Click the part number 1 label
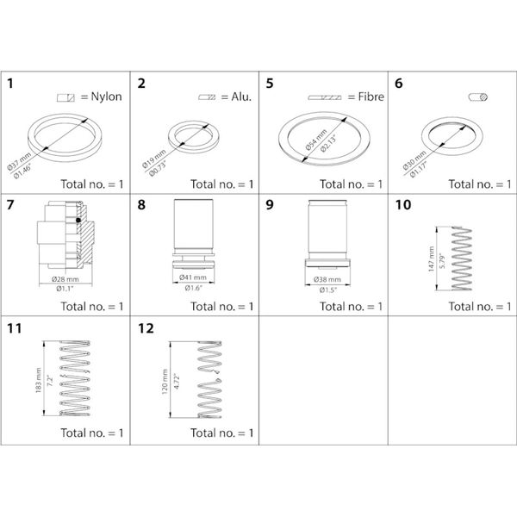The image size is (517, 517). [10, 84]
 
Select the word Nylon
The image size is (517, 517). [106, 97]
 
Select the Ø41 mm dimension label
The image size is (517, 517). [195, 277]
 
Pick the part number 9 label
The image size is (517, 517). [269, 206]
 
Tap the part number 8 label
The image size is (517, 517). [140, 206]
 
